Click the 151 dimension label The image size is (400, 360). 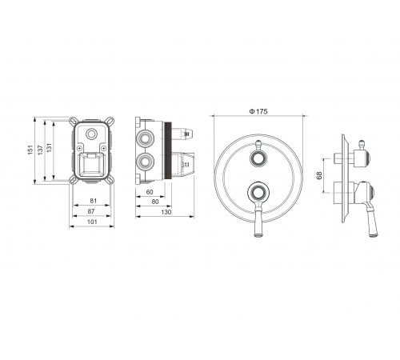[30, 150]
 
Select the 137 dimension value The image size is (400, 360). [40, 150]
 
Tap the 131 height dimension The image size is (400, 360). [50, 148]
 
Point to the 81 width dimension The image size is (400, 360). [94, 201]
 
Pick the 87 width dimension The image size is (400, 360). [91, 211]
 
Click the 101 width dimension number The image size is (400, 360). [92, 222]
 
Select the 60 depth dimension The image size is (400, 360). [150, 192]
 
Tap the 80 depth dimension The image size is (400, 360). [155, 202]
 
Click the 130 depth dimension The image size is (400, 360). [166, 212]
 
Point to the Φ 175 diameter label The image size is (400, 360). [258, 111]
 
